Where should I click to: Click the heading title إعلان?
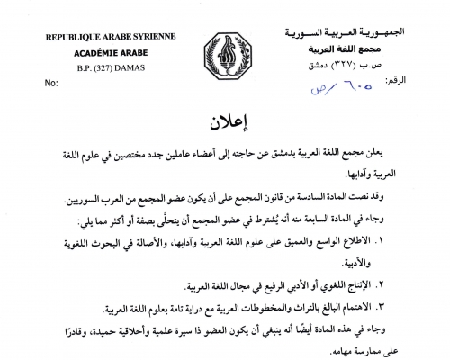[225, 119]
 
